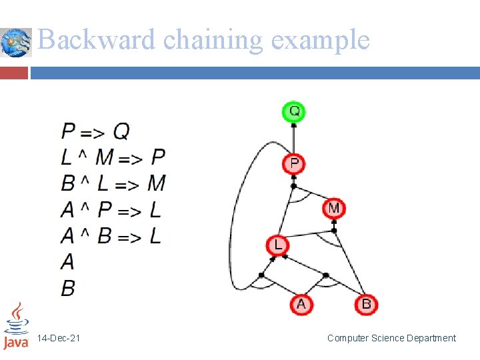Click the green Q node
pyautogui.click(x=293, y=111)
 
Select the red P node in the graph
pyautogui.click(x=293, y=163)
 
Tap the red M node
pyautogui.click(x=333, y=209)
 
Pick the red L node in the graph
pyautogui.click(x=277, y=245)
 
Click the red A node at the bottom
pyautogui.click(x=301, y=305)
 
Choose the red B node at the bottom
pyautogui.click(x=366, y=305)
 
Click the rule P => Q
pyautogui.click(x=95, y=131)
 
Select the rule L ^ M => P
pyautogui.click(x=113, y=157)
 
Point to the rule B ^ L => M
pyautogui.click(x=113, y=183)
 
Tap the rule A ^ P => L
pyautogui.click(x=111, y=210)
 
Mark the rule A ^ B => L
pyautogui.click(x=111, y=235)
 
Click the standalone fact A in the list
pyautogui.click(x=67, y=261)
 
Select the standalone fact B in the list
pyautogui.click(x=67, y=287)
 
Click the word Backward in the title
pyautogui.click(x=97, y=40)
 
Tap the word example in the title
pyautogui.click(x=320, y=40)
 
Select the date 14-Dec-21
pyautogui.click(x=59, y=339)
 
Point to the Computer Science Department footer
pyautogui.click(x=391, y=339)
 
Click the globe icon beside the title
pyautogui.click(x=15, y=43)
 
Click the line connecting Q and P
pyautogui.click(x=293, y=137)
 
